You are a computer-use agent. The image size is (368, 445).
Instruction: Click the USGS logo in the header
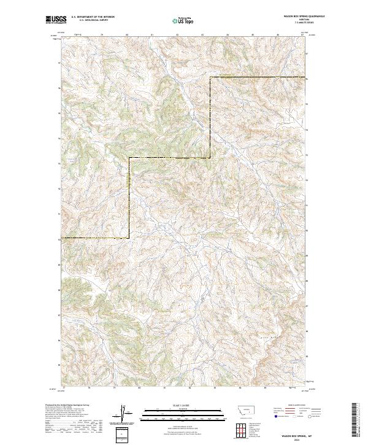[56, 20]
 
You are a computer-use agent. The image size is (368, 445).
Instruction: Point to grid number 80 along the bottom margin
[139, 388]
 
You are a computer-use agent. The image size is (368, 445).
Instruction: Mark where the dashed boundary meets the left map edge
[59, 238]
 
